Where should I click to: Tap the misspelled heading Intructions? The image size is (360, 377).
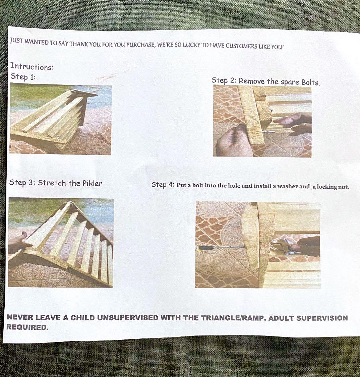pyautogui.click(x=32, y=66)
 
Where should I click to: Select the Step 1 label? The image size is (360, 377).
pyautogui.click(x=23, y=77)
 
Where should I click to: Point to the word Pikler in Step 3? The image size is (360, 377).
pyautogui.click(x=92, y=183)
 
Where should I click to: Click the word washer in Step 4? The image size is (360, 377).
pyautogui.click(x=287, y=186)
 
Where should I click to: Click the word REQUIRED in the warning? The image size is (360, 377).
pyautogui.click(x=27, y=327)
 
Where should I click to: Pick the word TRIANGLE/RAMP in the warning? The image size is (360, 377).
pyautogui.click(x=233, y=318)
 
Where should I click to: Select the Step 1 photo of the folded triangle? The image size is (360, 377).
pyautogui.click(x=61, y=119)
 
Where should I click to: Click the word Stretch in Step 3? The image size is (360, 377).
pyautogui.click(x=52, y=183)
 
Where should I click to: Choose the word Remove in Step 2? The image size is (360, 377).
pyautogui.click(x=251, y=81)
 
